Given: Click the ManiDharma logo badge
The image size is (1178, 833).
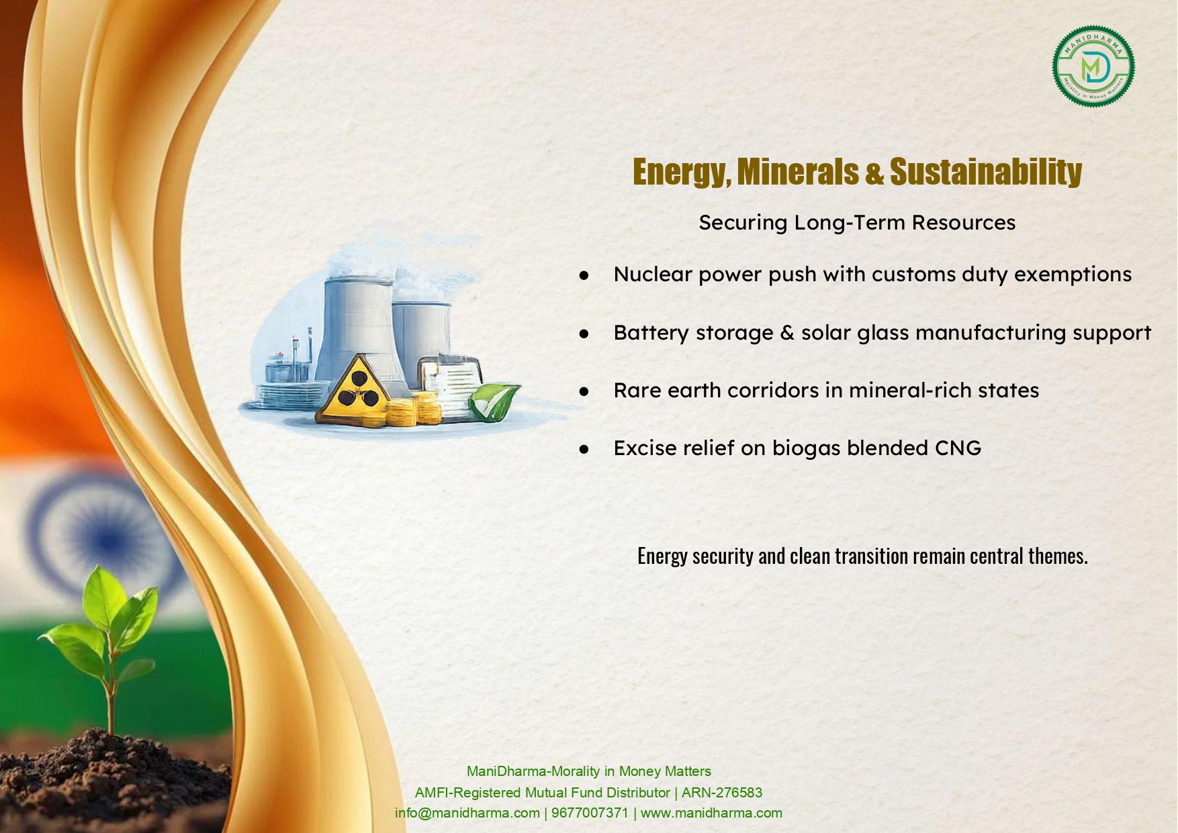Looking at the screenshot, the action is [1093, 66].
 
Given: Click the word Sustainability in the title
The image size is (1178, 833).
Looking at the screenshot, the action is [986, 172].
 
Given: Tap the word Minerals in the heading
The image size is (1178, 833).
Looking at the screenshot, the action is [797, 172].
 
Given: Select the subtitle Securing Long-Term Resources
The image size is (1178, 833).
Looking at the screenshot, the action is [857, 223].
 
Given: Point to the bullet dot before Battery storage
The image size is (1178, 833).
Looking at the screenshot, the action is [584, 333].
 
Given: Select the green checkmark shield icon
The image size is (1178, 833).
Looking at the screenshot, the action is [494, 401].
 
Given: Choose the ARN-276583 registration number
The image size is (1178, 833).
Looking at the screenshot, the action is [722, 793].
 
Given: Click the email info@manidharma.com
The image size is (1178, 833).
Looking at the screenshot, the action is [467, 813].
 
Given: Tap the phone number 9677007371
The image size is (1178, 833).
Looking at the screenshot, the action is [590, 813].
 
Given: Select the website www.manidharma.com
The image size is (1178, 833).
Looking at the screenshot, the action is [711, 813].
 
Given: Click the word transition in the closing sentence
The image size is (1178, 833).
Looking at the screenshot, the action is [871, 556].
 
